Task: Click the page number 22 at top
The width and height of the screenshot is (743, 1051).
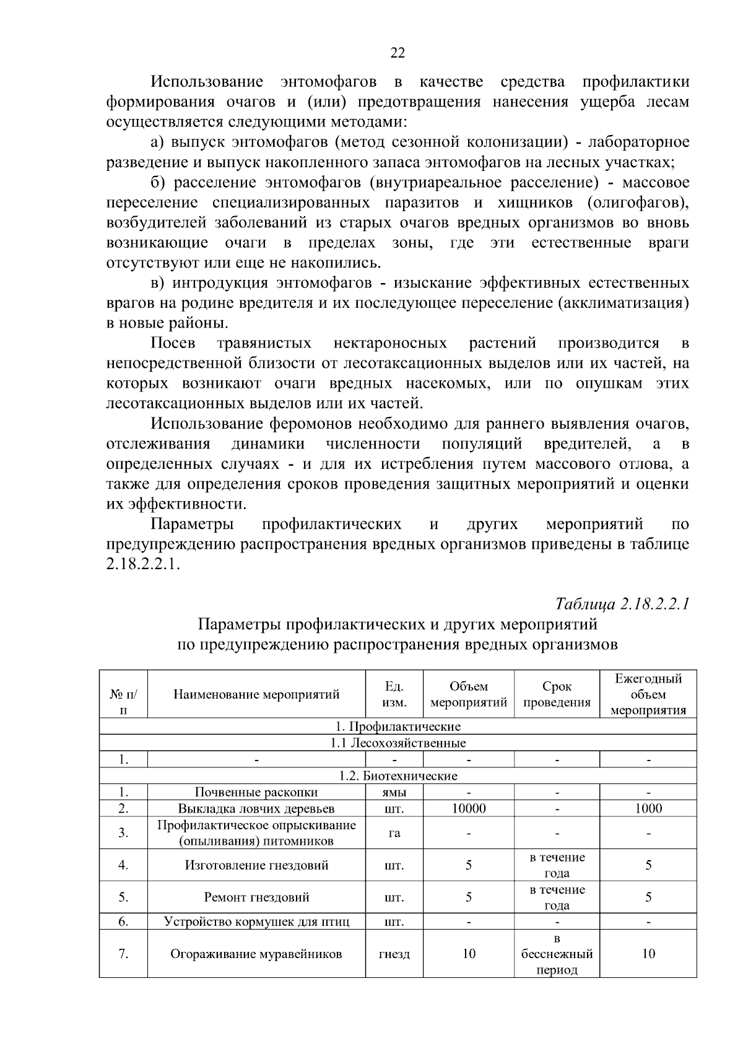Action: coord(398,53)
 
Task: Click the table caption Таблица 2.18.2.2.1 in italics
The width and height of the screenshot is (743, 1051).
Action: coord(622,604)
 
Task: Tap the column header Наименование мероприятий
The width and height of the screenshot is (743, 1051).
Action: coord(256,694)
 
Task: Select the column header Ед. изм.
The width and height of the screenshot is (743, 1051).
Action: coord(394,694)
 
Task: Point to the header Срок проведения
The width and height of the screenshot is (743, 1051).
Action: coord(557,694)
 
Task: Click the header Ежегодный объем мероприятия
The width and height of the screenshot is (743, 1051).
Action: coord(648,694)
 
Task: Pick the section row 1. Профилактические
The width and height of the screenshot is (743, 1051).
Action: coord(398,726)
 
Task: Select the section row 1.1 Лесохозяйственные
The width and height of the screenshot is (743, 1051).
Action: coord(398,743)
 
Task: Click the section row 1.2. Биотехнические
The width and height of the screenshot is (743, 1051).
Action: coord(398,775)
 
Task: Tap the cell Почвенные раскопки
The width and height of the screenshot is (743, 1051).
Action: coord(256,792)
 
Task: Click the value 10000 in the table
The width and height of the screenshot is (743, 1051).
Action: coord(469,808)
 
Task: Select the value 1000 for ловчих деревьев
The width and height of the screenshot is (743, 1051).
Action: coord(648,808)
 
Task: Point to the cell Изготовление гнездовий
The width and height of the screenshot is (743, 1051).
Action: coord(256,865)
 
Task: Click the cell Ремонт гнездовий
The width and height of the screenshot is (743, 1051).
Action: coord(256,897)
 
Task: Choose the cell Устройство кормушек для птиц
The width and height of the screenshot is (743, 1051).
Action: coord(256,922)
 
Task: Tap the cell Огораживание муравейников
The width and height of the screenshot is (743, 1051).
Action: coord(256,954)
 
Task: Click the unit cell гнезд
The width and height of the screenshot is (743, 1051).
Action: coord(394,954)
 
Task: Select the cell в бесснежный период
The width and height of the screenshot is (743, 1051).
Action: coord(557,954)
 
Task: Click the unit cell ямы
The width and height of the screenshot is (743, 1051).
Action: coord(394,792)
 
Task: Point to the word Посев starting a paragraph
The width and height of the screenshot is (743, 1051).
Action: coord(173,343)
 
